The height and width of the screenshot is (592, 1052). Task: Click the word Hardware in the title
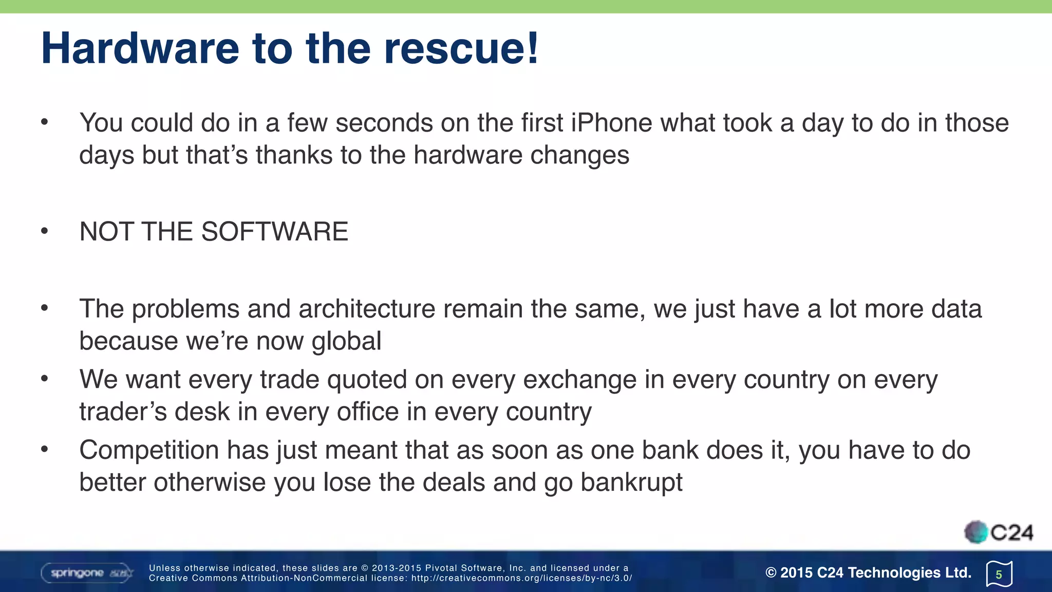pyautogui.click(x=140, y=49)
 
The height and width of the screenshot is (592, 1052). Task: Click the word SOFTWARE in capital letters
pyautogui.click(x=275, y=232)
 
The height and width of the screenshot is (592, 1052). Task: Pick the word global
pyautogui.click(x=346, y=342)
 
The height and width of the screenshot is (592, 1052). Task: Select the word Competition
pyautogui.click(x=149, y=451)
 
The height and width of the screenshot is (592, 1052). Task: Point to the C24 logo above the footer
pyautogui.click(x=999, y=532)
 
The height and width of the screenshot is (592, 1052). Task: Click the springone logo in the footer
pyautogui.click(x=87, y=573)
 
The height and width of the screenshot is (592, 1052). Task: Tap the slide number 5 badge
pyautogui.click(x=999, y=574)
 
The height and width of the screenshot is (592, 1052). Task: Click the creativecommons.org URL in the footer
pyautogui.click(x=521, y=578)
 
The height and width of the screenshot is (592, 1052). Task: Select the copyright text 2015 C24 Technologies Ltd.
pyautogui.click(x=869, y=572)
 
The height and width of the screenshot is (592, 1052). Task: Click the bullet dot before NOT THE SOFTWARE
pyautogui.click(x=45, y=232)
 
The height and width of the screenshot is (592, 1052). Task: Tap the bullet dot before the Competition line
pyautogui.click(x=45, y=450)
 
